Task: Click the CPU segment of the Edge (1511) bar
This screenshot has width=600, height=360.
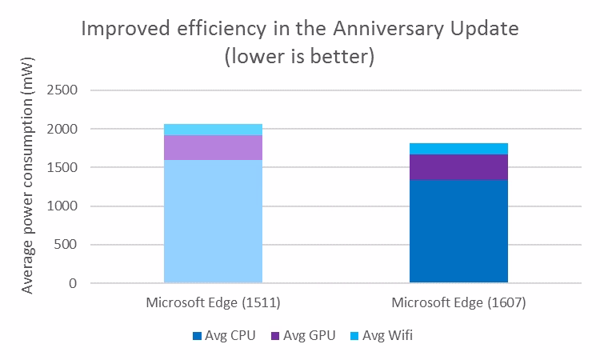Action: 213,221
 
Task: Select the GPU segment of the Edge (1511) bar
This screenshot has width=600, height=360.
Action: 213,147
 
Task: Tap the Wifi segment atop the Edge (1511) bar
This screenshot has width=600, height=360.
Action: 213,130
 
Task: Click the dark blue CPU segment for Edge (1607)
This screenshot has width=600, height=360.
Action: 458,231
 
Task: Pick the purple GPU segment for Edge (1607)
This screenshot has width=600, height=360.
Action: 458,166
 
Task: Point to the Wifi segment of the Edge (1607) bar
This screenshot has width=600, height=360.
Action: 458,148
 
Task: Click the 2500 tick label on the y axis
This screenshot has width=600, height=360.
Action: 62,90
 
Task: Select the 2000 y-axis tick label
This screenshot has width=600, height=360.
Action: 62,129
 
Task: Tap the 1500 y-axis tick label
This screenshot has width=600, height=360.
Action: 62,167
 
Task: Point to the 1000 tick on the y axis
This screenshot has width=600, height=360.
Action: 62,206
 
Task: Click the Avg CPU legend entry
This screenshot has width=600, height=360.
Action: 225,335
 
